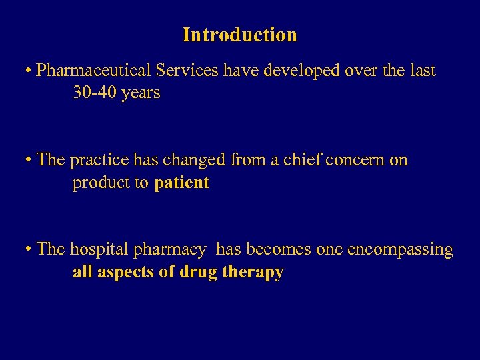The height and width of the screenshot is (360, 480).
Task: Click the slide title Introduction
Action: click(x=239, y=35)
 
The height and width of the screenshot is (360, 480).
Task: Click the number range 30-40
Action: click(x=94, y=93)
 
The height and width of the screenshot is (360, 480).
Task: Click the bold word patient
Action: click(x=181, y=183)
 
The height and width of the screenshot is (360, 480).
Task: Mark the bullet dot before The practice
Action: click(x=29, y=161)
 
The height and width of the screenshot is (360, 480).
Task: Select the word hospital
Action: click(x=100, y=250)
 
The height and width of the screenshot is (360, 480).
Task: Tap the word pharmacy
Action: click(x=171, y=250)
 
